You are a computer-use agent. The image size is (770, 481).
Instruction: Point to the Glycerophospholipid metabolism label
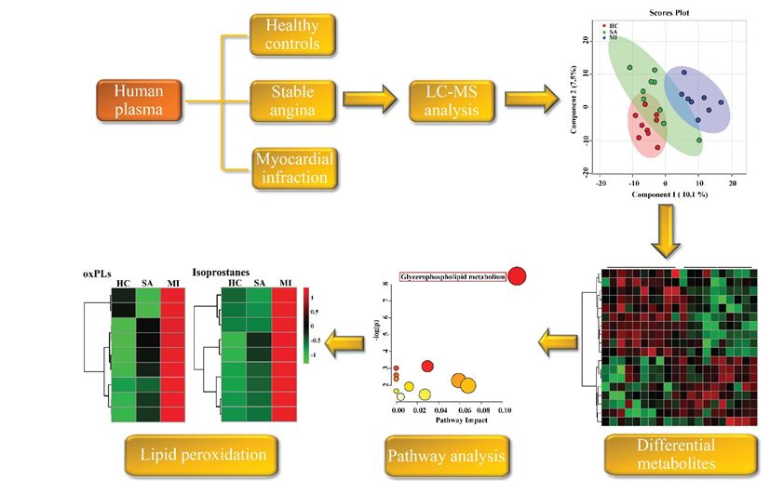tap(452, 276)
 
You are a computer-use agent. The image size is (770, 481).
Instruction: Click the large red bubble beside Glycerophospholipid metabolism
tap(518, 275)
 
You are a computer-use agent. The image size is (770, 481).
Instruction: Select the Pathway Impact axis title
tap(451, 421)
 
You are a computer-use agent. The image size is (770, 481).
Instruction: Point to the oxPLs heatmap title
tap(97, 274)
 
